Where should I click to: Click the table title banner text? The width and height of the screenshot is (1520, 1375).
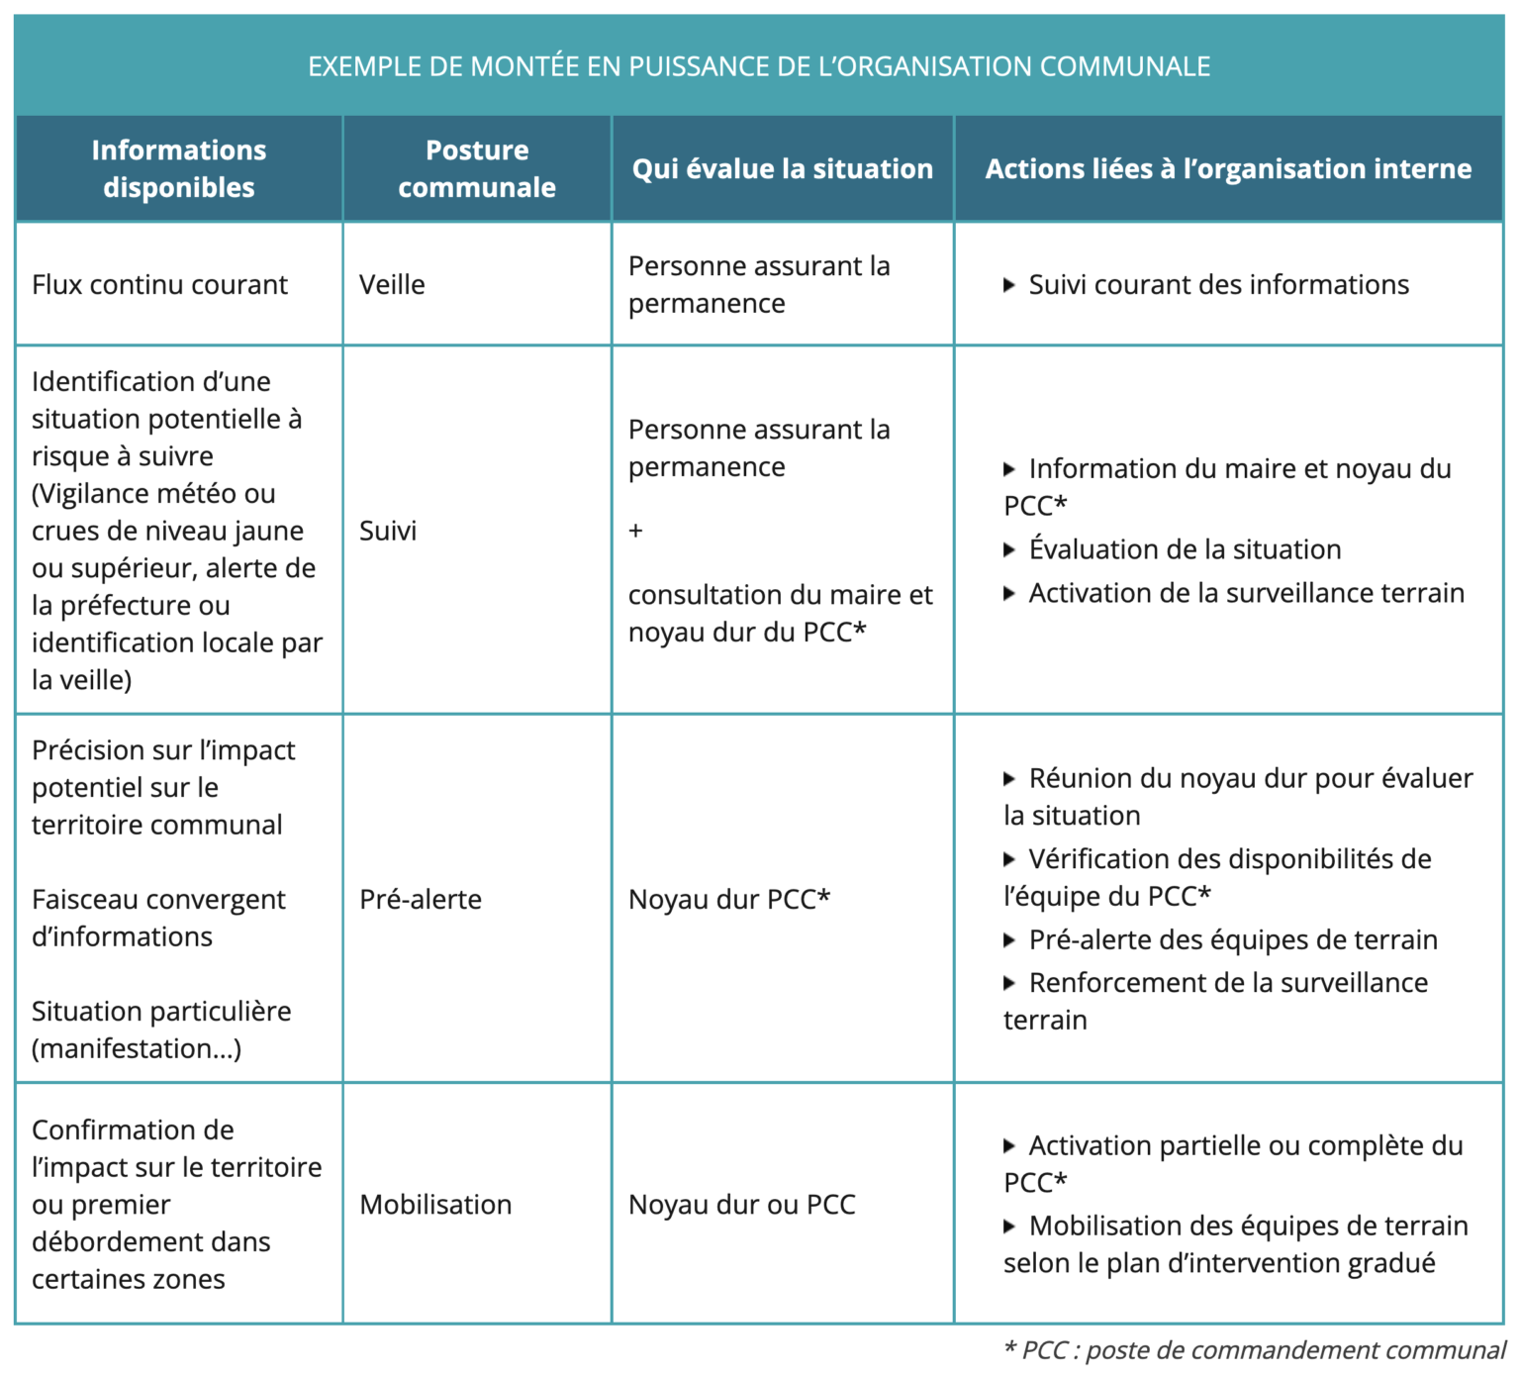click(x=759, y=66)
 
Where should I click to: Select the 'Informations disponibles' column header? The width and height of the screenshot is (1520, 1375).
click(x=179, y=168)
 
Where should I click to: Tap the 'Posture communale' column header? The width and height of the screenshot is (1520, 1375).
click(x=477, y=168)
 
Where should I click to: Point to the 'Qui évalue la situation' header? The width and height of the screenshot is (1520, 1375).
click(x=782, y=168)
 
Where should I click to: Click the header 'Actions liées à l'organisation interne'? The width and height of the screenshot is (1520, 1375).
click(x=1228, y=168)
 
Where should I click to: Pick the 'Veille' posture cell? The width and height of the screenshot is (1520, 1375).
click(x=392, y=285)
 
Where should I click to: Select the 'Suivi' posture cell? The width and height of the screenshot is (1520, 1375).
click(x=388, y=531)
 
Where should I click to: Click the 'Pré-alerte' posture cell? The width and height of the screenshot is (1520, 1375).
click(x=421, y=899)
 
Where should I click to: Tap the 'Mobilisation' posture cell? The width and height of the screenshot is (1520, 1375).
click(x=435, y=1204)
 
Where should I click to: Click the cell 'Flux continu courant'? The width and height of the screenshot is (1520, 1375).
click(x=159, y=285)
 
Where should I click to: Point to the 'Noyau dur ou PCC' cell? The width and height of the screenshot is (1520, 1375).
click(x=742, y=1204)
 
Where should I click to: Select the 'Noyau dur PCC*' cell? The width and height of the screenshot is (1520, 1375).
click(x=729, y=899)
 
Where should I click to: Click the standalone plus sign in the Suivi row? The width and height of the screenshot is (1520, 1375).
click(x=635, y=531)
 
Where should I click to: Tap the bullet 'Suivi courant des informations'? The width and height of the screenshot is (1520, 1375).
click(x=1218, y=285)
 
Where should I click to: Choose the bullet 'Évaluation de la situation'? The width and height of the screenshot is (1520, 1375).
click(x=1185, y=549)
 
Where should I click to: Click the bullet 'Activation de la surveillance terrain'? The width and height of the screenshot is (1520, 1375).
click(x=1246, y=593)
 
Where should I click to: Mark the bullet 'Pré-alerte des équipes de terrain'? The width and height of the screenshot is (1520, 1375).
click(x=1233, y=939)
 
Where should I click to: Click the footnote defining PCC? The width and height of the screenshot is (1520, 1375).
click(x=1254, y=1350)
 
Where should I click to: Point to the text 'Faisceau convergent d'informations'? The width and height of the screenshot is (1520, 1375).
click(x=158, y=918)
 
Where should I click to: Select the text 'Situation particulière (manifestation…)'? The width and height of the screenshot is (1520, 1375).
click(x=161, y=1030)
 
